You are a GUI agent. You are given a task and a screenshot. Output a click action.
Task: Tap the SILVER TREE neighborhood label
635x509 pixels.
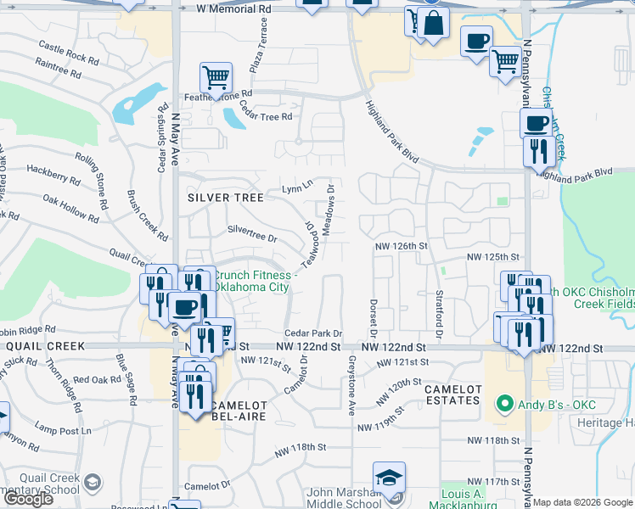click(x=224, y=196)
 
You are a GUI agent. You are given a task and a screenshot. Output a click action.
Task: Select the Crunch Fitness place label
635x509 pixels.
click(x=254, y=281)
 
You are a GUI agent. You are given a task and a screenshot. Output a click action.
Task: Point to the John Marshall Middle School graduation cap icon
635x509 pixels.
click(x=389, y=478)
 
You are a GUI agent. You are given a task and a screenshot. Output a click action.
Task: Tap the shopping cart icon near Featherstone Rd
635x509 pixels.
click(x=216, y=78)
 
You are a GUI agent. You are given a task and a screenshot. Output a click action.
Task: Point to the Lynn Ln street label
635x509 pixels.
click(x=297, y=185)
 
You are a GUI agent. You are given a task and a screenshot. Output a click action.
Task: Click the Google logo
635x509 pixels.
click(x=28, y=499)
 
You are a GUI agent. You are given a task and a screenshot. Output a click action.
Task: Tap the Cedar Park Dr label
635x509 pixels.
click(x=313, y=333)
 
